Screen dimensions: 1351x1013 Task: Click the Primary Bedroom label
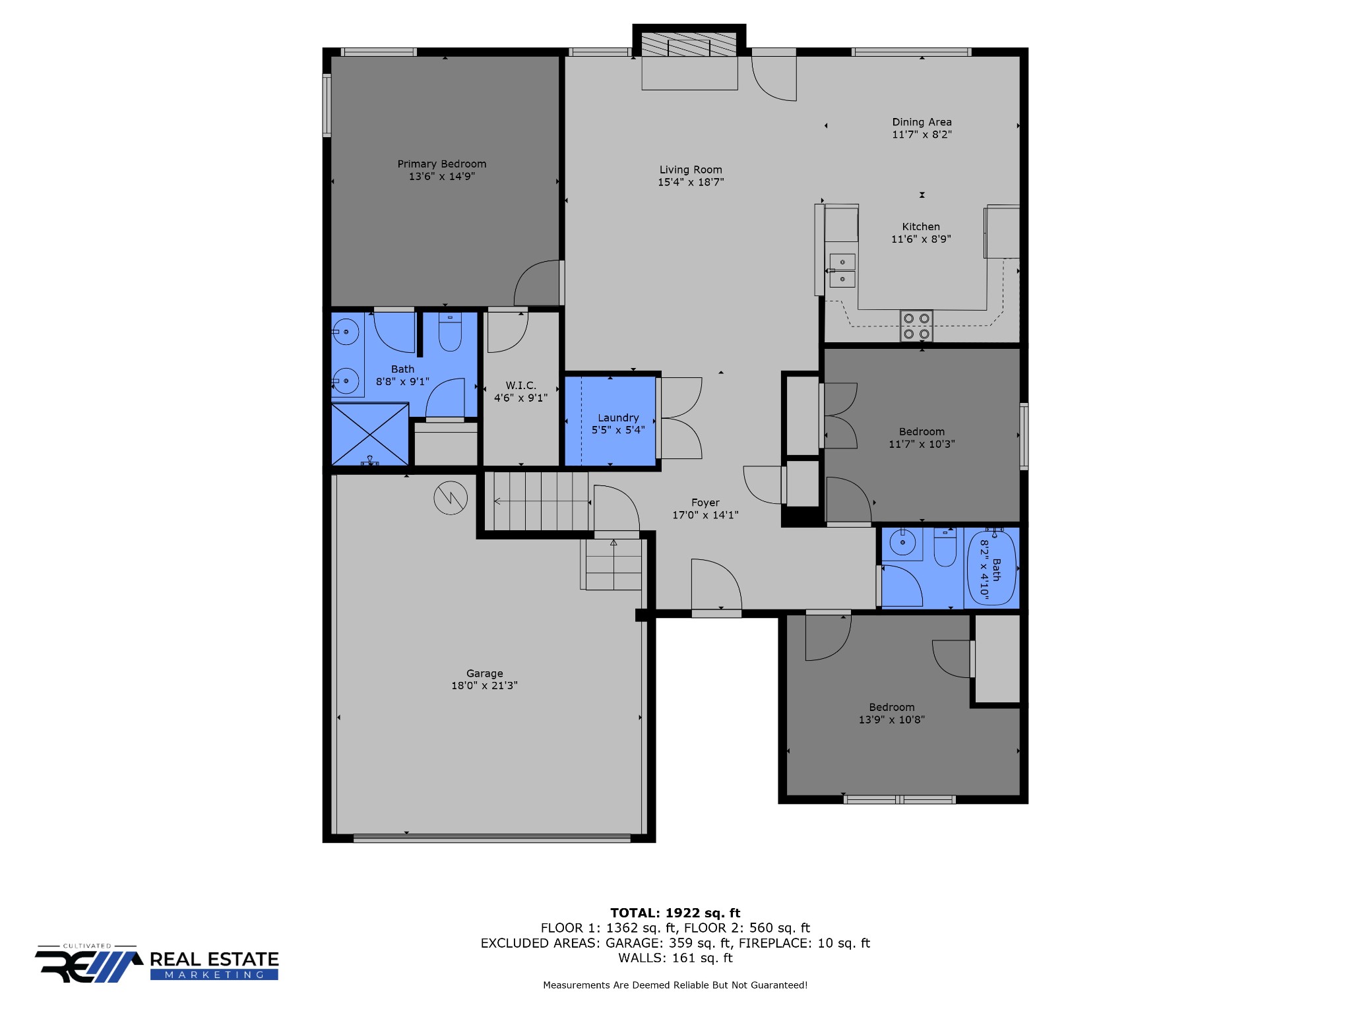point(441,164)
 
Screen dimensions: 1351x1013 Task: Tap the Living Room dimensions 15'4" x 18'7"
point(691,182)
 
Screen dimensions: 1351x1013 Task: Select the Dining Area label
point(922,122)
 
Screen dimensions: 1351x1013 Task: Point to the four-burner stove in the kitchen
point(916,326)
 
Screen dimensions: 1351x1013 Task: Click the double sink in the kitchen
point(842,271)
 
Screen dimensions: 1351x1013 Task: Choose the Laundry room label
point(618,417)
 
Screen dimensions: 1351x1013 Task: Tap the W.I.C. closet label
point(520,385)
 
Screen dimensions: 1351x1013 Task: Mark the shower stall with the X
point(369,434)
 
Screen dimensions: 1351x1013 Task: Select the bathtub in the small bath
point(991,567)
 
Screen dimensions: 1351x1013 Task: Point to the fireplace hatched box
point(689,44)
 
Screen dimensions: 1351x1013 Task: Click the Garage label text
point(484,673)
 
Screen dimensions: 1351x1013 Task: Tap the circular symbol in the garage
point(451,497)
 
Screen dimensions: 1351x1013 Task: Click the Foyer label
point(705,503)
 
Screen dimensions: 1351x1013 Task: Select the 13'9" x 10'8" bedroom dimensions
point(891,720)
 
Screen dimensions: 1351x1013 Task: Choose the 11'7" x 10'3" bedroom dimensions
point(922,444)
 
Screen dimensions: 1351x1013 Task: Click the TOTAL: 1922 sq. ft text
point(675,913)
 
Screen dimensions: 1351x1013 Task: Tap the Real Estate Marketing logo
point(157,964)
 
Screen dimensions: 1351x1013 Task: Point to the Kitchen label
point(921,226)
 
